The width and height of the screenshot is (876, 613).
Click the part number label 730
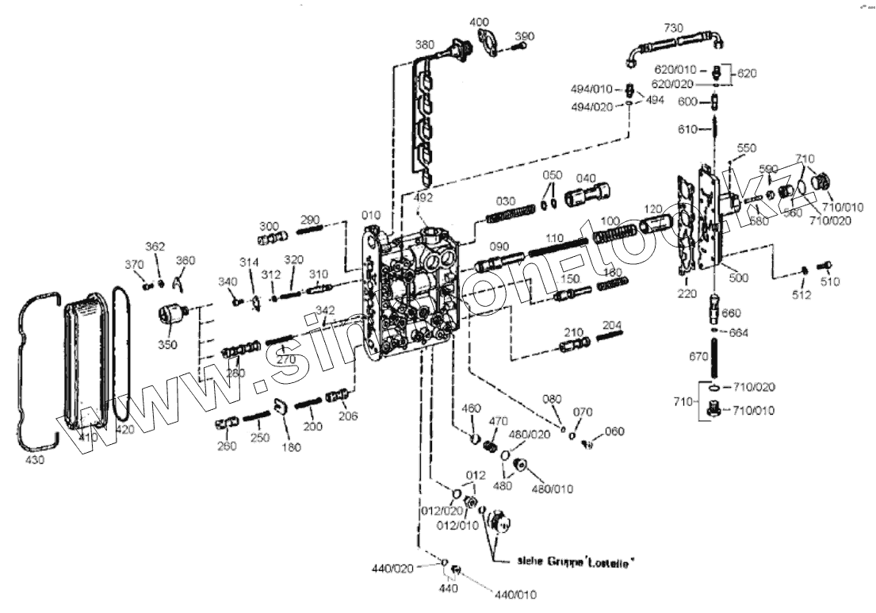click(x=673, y=28)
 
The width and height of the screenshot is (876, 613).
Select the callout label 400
click(x=480, y=21)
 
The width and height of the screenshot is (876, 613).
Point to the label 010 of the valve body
click(x=370, y=215)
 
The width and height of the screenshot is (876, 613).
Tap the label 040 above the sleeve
click(x=586, y=177)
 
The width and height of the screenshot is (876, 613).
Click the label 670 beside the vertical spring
click(x=698, y=357)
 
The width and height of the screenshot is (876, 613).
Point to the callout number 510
click(x=829, y=282)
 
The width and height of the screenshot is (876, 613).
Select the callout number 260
click(x=227, y=446)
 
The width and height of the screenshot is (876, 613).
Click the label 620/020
click(x=674, y=82)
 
